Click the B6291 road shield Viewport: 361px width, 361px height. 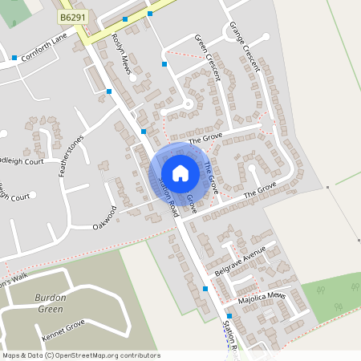(x=71, y=15)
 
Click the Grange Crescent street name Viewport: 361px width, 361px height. (x=245, y=47)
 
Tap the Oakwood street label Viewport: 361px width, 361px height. (x=105, y=217)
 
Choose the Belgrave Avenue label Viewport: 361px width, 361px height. (x=234, y=263)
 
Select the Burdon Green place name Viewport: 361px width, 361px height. (x=50, y=302)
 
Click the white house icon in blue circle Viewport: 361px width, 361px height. (x=180, y=172)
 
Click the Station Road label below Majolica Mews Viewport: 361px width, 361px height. (x=229, y=336)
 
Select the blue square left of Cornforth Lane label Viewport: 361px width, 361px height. (x=14, y=58)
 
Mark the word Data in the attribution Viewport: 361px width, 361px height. (x=35, y=354)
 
